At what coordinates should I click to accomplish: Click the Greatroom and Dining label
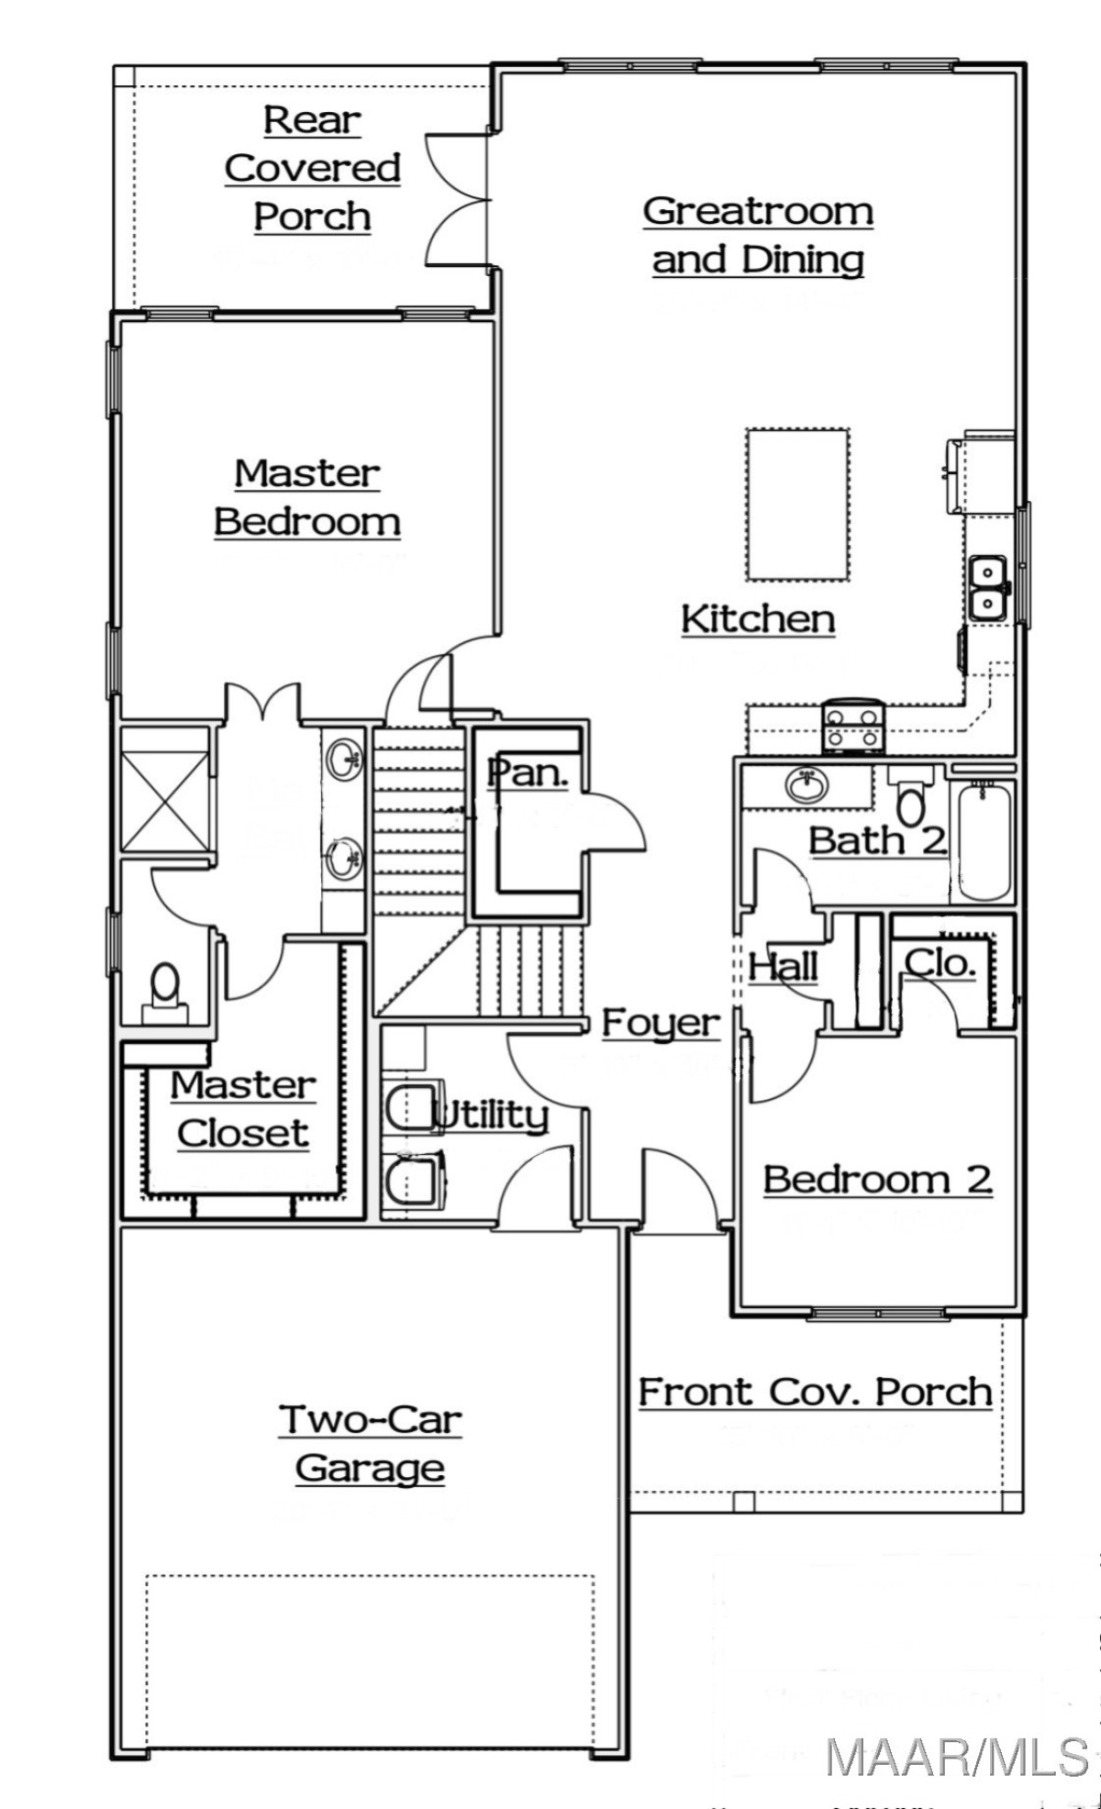758,236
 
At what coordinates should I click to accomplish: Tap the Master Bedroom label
307,498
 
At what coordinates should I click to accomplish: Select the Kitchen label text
758,619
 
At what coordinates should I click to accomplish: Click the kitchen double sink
988,588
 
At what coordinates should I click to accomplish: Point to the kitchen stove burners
853,724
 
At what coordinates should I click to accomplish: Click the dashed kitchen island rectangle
797,505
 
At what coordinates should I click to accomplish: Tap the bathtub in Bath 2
984,841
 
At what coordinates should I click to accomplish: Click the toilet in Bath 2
910,794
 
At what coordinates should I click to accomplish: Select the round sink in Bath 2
807,784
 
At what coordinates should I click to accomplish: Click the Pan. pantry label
528,772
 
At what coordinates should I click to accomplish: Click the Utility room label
491,1115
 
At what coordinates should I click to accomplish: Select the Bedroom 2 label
878,1180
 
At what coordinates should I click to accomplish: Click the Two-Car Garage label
370,1445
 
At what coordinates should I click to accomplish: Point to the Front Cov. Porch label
816,1393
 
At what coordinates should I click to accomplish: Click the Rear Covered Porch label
313,169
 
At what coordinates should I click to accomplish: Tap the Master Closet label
243,1109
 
